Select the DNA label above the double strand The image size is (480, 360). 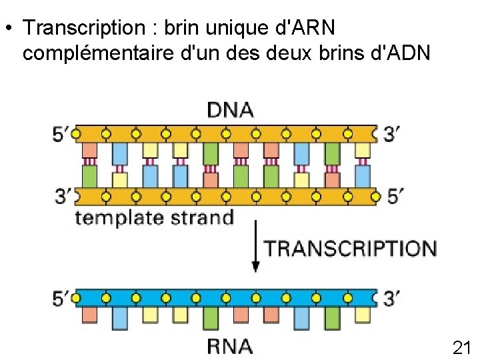(x=230, y=109)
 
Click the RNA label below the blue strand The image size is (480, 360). (x=230, y=346)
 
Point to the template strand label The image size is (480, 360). (x=154, y=217)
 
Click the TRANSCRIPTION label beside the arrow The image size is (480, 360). (x=351, y=249)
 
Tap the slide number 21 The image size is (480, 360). (x=461, y=347)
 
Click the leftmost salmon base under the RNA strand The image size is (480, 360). (x=89, y=313)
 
